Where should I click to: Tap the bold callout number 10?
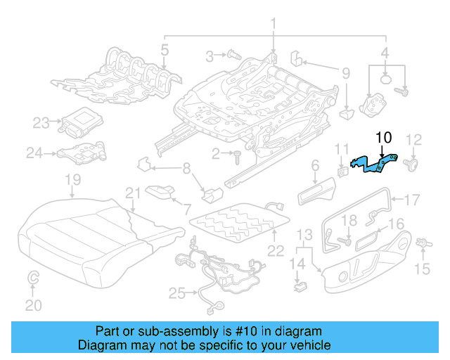385,138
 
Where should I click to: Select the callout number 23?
41,123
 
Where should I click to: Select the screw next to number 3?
232,54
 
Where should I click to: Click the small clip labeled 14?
300,285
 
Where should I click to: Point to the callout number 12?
414,139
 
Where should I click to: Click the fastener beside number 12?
412,166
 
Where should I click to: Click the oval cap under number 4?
385,79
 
